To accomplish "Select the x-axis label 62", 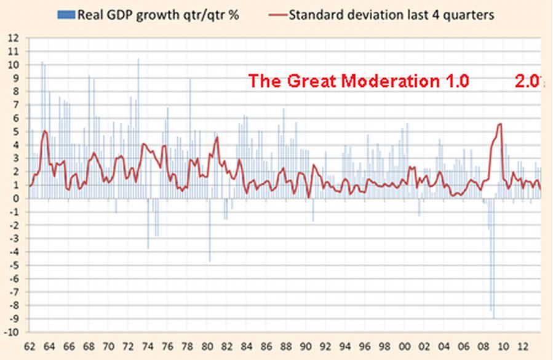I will [29, 346].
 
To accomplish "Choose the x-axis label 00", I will [405, 346].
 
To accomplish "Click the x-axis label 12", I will [524, 346].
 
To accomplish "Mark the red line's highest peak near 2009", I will [499, 124].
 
